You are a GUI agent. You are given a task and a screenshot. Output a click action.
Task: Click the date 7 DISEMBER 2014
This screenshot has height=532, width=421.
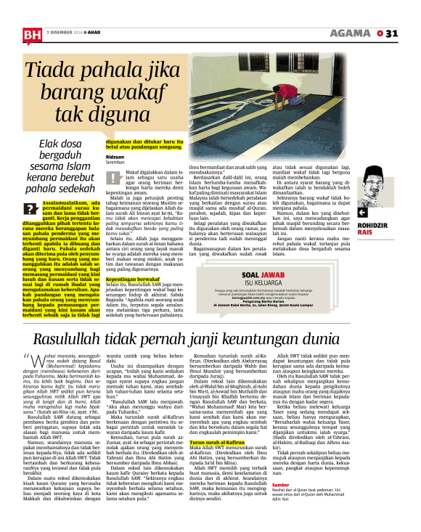pos(64,33)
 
